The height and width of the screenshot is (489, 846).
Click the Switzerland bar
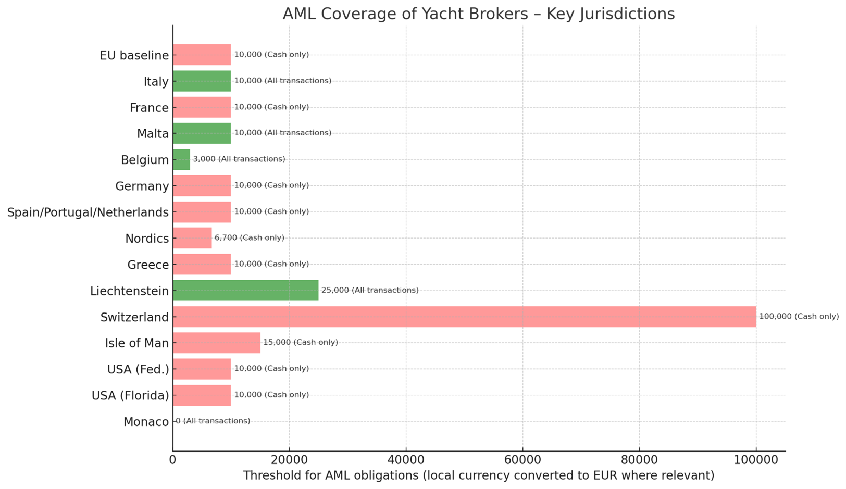coord(464,317)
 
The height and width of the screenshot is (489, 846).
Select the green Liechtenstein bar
coord(245,290)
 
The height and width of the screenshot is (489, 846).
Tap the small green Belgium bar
coord(181,159)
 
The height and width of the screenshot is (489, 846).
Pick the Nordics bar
coord(192,238)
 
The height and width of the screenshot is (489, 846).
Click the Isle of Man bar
coord(216,343)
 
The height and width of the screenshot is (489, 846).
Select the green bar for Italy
coord(202,81)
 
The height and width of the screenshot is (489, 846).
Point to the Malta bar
coord(202,133)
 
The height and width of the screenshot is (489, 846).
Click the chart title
coord(478,14)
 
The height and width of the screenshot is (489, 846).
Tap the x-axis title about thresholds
coord(478,475)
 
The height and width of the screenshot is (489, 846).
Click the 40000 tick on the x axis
coord(406,460)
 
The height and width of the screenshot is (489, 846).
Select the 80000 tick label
coord(639,460)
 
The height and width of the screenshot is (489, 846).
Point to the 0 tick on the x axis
coord(173,460)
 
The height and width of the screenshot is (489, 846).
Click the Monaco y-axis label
coord(146,422)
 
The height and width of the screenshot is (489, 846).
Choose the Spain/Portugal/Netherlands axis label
coord(88,212)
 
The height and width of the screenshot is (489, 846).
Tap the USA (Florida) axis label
coord(130,396)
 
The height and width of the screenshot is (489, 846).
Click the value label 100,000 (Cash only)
coord(799,317)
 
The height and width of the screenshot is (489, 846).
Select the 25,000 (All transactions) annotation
coord(370,290)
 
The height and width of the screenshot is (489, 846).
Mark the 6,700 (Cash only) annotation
coord(250,238)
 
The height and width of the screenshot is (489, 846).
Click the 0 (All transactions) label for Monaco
coord(213,421)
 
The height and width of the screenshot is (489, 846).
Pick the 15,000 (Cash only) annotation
coord(301,343)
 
